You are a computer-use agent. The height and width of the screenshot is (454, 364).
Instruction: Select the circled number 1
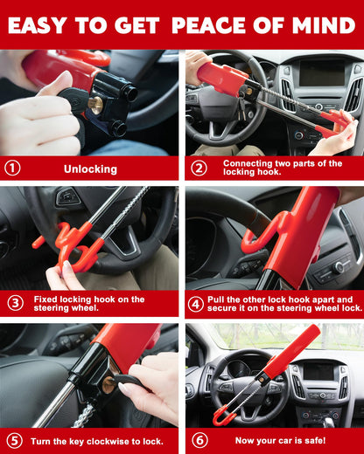pos(12,169)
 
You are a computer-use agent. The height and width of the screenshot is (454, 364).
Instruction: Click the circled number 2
pos(199,169)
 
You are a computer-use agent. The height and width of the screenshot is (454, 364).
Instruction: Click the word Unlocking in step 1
pos(90,169)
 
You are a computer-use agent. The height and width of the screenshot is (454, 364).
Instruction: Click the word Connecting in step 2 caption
pos(248,163)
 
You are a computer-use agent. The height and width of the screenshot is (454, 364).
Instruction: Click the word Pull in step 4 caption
pos(219,298)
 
